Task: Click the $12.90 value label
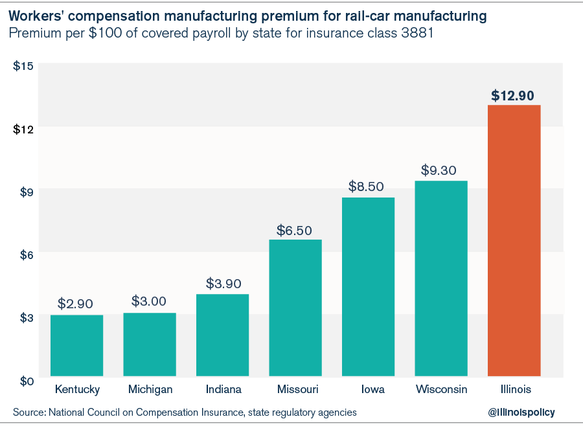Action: click(512, 96)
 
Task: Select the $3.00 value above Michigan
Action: click(149, 301)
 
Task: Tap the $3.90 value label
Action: click(223, 283)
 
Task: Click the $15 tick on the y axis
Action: click(23, 65)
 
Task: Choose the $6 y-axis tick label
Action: click(23, 255)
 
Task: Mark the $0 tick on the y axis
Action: click(23, 381)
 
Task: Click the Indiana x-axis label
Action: click(223, 390)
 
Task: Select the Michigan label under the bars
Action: click(150, 390)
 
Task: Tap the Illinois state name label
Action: click(514, 390)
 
